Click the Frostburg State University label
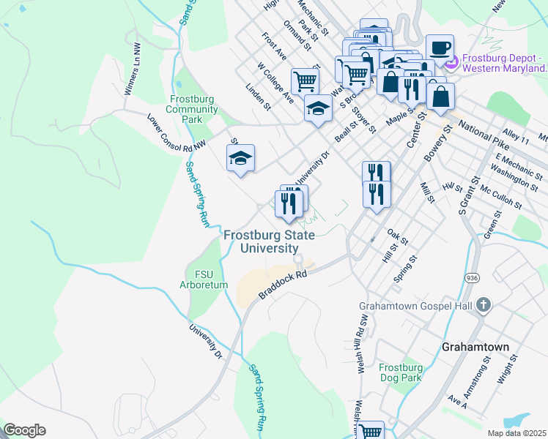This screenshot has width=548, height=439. pos(269,241)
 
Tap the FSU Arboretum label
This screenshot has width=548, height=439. pos(200,279)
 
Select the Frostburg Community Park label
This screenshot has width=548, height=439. pos(193,109)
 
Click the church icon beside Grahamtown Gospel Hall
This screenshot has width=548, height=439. pos(483,306)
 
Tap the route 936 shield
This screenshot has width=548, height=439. pos(474,278)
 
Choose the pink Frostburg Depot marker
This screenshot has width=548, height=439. pos(451,62)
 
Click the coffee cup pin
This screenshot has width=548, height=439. pos(440,48)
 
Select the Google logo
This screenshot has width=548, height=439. pos(24,430)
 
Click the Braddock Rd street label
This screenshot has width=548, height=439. pos(282,286)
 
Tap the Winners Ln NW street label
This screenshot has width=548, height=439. pos(136,69)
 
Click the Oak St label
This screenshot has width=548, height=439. pos(397,236)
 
